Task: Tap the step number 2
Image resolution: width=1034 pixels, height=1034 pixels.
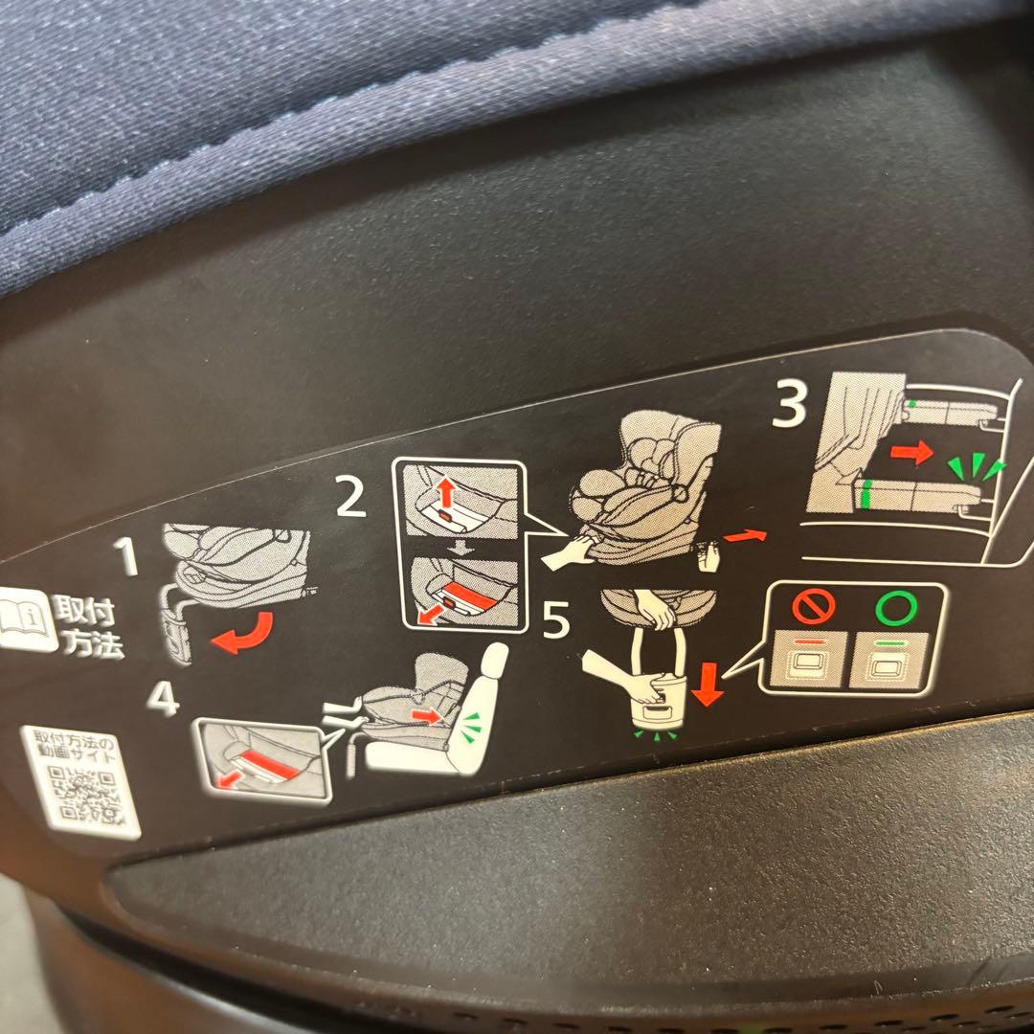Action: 350,499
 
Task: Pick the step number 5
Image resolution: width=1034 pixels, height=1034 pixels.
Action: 555,622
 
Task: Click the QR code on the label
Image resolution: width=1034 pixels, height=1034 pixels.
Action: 85,794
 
